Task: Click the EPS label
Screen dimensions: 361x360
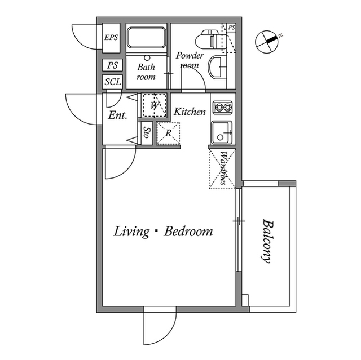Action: coord(111,38)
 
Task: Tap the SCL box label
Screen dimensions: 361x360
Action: coord(113,82)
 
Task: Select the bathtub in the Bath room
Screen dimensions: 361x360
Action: coord(147,38)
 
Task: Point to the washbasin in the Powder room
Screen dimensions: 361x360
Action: coord(217,67)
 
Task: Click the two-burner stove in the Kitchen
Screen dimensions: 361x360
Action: coord(222,107)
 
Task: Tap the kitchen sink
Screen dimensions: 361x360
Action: coord(222,133)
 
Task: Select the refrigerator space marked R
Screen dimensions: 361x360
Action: coord(168,134)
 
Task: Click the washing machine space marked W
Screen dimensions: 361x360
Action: coord(154,105)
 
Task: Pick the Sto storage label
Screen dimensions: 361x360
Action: coord(147,132)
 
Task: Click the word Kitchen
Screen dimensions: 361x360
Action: coord(190,112)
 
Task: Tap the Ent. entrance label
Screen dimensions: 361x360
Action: coord(118,115)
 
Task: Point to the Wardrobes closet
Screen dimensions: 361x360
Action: coord(222,169)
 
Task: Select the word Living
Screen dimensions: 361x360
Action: coord(131,232)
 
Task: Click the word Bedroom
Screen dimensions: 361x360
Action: coord(188,231)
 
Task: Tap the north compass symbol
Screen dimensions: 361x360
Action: coord(267,42)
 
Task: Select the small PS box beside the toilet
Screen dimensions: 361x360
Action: coord(231,28)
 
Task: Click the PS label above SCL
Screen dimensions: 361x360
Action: coord(113,65)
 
